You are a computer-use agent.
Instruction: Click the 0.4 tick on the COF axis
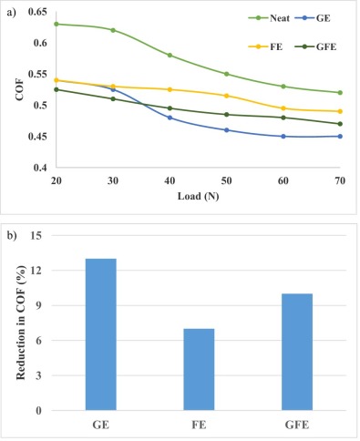click(x=40, y=169)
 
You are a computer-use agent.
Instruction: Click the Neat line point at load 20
click(x=56, y=24)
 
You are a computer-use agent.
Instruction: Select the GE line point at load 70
click(x=339, y=137)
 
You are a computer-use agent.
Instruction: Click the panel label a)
click(x=10, y=10)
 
